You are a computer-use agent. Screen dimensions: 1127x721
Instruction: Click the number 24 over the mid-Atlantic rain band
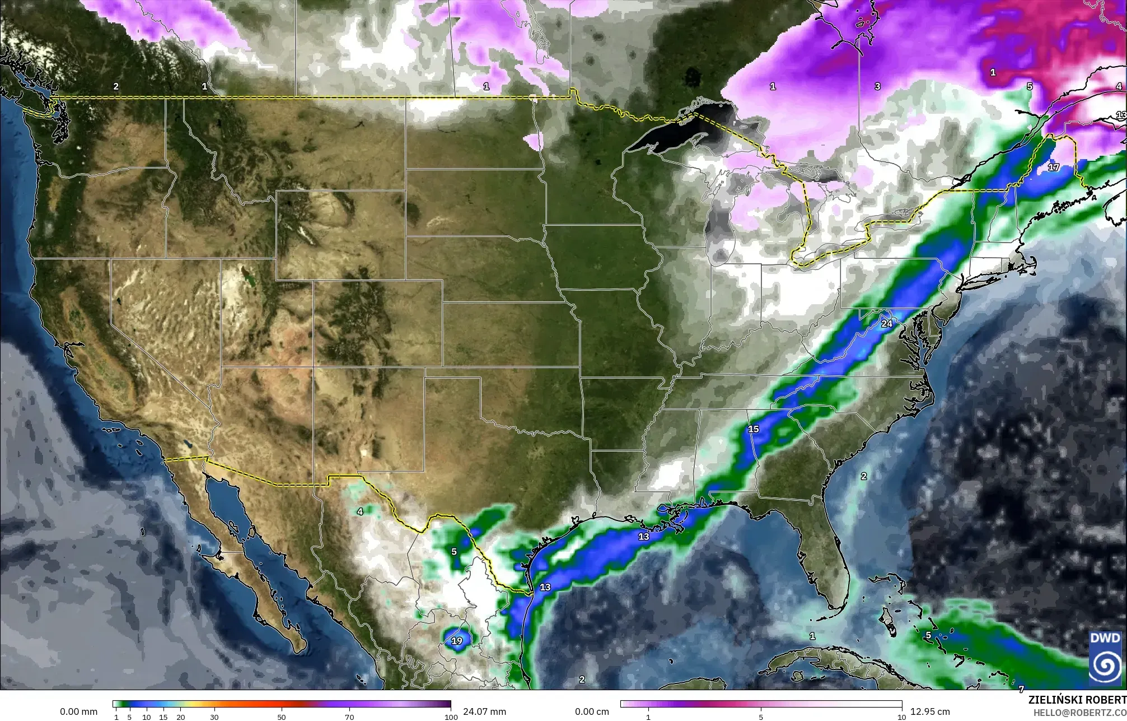coord(887,324)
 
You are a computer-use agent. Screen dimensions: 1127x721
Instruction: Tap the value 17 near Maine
coord(1054,167)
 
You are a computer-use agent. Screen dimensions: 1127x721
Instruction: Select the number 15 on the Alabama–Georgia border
coord(754,429)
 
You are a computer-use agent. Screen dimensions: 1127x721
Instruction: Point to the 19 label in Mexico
coord(457,641)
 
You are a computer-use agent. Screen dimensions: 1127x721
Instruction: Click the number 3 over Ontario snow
coord(877,86)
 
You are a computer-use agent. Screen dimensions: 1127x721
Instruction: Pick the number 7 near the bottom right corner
coord(1021,689)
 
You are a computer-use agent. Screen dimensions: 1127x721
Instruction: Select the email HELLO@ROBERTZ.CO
coord(1079,713)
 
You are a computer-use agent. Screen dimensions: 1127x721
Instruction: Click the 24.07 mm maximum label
coord(484,711)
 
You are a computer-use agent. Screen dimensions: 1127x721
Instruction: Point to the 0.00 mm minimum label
coord(78,711)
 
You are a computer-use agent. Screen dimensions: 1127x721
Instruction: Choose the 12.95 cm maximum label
coord(930,711)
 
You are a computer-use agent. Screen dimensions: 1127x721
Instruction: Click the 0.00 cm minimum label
coord(592,711)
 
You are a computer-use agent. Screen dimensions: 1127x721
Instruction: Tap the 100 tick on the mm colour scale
coord(451,717)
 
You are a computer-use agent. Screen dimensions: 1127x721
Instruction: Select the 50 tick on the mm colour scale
coord(282,717)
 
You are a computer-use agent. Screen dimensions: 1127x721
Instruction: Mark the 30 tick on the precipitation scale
coord(214,717)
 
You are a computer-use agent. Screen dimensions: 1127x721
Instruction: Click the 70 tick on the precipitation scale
coord(349,717)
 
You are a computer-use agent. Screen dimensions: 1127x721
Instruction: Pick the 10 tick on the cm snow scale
coord(901,717)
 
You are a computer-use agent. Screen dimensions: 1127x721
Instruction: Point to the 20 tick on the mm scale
coord(180,717)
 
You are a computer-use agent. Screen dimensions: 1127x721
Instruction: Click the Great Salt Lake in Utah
coord(245,275)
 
